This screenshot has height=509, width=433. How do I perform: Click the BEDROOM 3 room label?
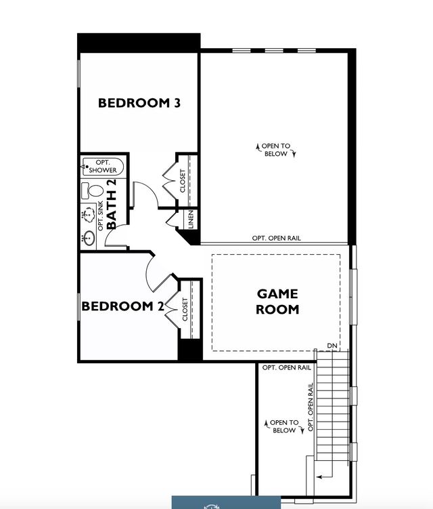[139, 103]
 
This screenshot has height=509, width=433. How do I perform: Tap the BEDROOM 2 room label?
[122, 306]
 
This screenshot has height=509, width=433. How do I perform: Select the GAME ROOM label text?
[277, 302]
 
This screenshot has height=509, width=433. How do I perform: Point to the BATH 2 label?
[112, 203]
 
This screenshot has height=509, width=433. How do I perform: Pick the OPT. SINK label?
[101, 219]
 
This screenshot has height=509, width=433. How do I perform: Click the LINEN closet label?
[191, 220]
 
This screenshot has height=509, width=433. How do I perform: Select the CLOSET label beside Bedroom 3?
[183, 181]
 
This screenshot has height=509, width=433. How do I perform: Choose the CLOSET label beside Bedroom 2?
[184, 310]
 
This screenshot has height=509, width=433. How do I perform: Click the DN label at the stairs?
[332, 346]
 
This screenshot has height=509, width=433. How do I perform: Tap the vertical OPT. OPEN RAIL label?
[311, 407]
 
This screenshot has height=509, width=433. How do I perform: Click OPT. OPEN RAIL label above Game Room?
[276, 238]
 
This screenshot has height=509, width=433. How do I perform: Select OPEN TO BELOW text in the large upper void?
[276, 150]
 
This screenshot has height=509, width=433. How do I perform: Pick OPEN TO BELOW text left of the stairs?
[283, 426]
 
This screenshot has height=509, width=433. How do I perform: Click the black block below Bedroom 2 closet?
[190, 350]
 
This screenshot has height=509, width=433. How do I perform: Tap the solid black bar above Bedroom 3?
[138, 41]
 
